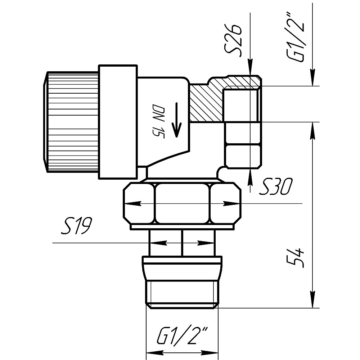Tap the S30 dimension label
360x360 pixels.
276,186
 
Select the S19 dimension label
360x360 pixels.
77,226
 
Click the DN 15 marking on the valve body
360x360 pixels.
158,122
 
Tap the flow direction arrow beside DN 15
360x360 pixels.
176,120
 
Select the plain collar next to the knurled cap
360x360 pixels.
118,122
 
